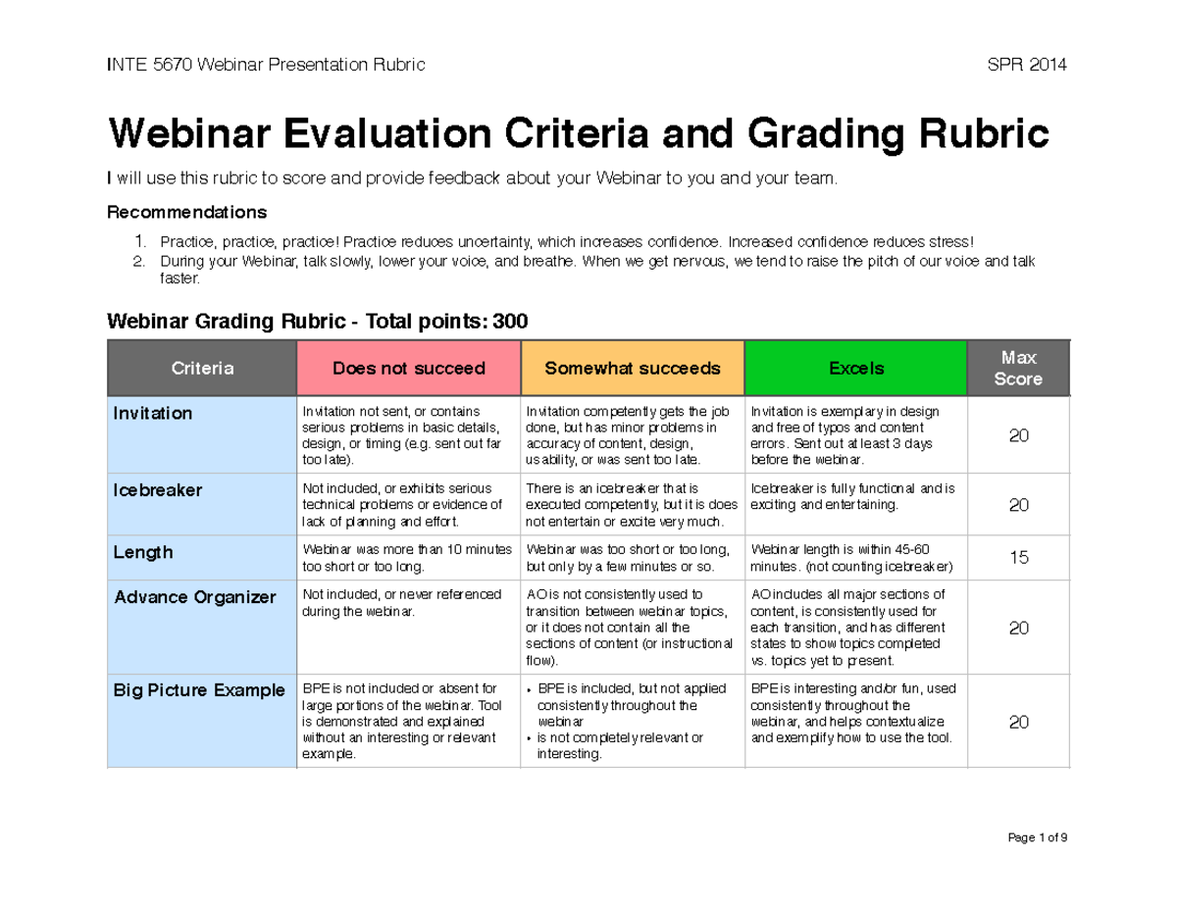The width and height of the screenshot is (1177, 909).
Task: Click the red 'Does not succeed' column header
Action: tap(408, 369)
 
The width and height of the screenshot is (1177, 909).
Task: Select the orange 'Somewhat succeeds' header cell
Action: tap(632, 369)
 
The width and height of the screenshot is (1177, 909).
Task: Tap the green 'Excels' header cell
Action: tap(856, 369)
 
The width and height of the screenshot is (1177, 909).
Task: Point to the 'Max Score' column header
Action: tap(1018, 368)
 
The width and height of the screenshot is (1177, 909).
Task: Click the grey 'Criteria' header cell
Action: tap(202, 369)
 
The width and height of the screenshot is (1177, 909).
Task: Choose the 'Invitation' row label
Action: tap(153, 414)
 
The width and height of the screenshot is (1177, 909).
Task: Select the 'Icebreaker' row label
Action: tap(157, 490)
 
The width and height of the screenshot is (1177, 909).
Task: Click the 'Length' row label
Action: tap(143, 553)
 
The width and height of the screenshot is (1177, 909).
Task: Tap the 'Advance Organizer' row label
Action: tap(194, 597)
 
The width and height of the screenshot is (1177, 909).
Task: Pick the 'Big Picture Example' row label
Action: tap(199, 690)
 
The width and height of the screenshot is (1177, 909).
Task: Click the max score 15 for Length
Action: tap(1018, 558)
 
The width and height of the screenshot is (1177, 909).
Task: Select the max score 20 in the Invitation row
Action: tap(1018, 435)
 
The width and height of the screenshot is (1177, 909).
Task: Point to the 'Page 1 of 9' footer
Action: tap(1038, 838)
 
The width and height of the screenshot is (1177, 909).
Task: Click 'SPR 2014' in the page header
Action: tap(1028, 66)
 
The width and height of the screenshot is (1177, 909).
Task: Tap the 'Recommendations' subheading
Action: tap(186, 213)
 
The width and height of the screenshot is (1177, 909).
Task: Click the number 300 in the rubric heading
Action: tap(510, 321)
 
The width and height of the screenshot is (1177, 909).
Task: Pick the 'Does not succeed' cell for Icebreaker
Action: tap(407, 505)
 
